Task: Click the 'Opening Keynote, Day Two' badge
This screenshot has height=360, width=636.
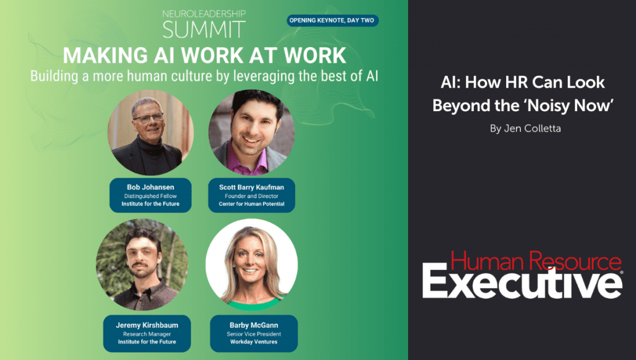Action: point(333,20)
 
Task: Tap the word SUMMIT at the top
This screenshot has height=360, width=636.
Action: point(204,29)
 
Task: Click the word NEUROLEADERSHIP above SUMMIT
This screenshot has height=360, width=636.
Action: point(204,14)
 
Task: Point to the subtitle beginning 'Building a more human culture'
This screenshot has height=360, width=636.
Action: point(204,76)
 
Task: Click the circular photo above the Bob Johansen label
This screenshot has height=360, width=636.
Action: point(150,133)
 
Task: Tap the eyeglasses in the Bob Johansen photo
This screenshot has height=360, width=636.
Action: point(148,119)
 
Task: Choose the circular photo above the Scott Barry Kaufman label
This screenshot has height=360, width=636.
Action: point(252,133)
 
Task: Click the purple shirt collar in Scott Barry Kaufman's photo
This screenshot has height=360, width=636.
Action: point(246,160)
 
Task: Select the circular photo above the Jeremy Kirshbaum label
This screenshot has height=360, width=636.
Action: point(142,264)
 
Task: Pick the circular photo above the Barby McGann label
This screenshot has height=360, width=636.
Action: point(252,264)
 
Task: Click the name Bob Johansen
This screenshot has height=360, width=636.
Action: point(150,187)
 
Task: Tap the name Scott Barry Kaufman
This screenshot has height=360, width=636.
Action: point(252,187)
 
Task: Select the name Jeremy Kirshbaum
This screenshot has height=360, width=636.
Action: point(147,325)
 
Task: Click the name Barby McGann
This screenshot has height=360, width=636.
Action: point(254,325)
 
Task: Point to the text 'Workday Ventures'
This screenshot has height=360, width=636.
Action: point(254,342)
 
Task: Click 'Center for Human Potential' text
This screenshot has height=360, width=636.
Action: point(252,204)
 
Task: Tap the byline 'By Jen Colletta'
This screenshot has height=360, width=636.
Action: point(525,128)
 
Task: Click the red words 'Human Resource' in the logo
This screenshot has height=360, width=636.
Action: point(536,261)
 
